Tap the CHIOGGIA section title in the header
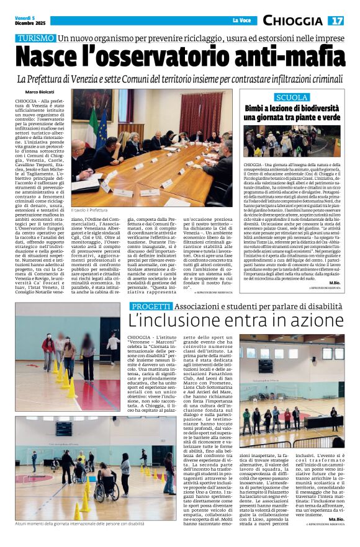click(x=292, y=21)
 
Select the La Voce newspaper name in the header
click(x=241, y=21)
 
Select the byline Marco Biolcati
click(x=39, y=92)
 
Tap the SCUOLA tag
click(x=291, y=97)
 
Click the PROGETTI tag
click(x=150, y=306)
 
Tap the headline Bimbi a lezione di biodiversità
click(x=292, y=112)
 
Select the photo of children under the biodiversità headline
click(x=291, y=141)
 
